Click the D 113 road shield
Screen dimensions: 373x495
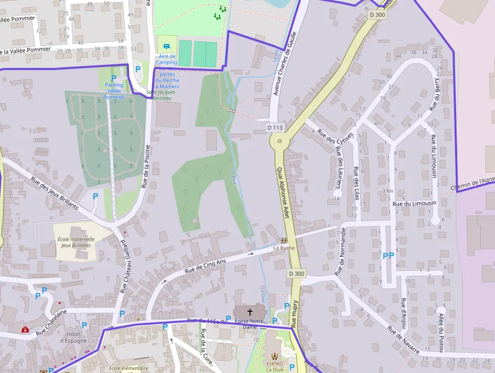[275, 128]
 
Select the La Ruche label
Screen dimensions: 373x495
[284, 248]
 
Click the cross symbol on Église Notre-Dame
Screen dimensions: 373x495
[250, 312]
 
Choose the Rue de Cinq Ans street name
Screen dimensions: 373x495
[205, 266]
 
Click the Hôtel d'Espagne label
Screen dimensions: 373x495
[73, 337]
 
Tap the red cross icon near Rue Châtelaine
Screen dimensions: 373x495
[25, 330]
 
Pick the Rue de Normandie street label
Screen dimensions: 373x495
[340, 252]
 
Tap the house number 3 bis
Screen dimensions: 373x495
[388, 191]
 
